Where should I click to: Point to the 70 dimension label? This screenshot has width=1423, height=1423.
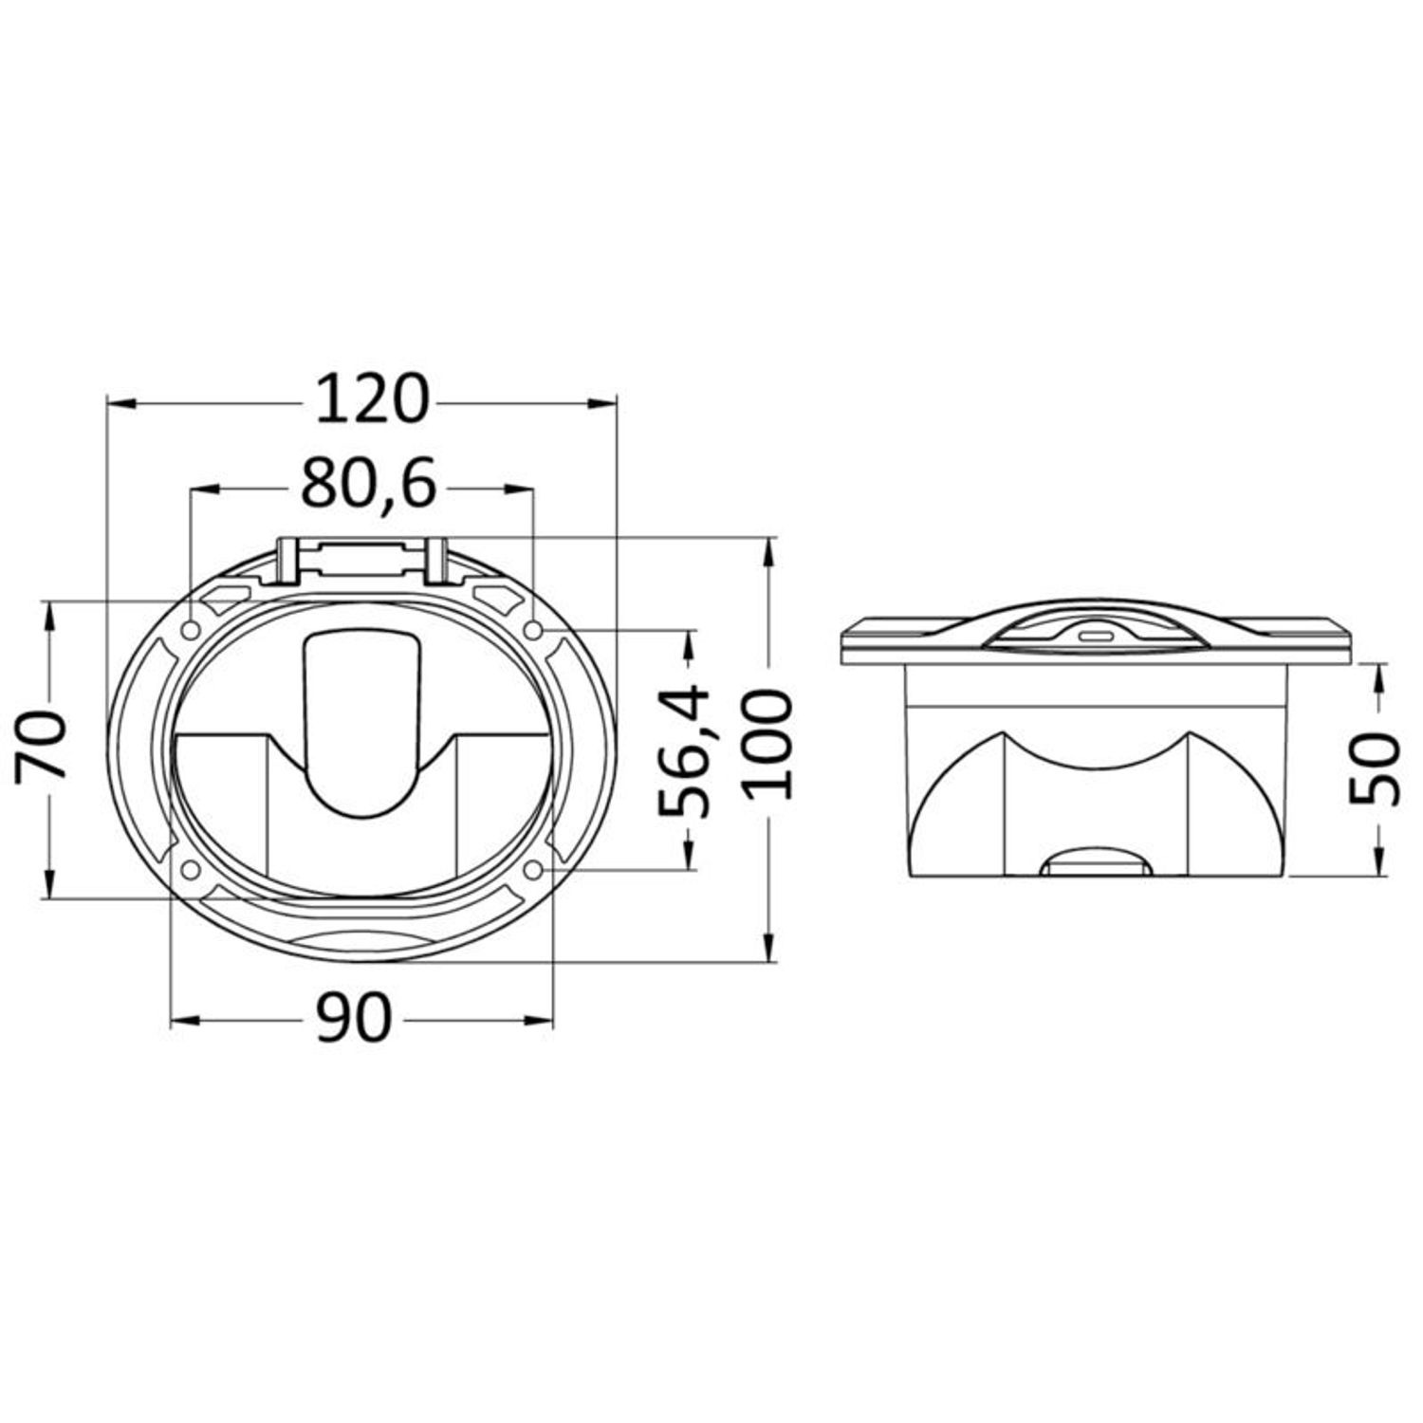[44, 746]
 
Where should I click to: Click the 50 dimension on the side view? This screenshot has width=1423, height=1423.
[1375, 769]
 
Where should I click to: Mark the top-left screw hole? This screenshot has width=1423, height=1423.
[191, 631]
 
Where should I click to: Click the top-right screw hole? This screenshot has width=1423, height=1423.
[533, 630]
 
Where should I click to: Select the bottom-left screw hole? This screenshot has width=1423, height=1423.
[190, 870]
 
